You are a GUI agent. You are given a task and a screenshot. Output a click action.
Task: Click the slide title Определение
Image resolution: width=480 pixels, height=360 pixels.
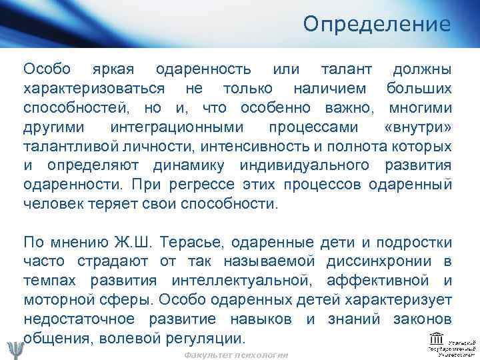pos(377,25)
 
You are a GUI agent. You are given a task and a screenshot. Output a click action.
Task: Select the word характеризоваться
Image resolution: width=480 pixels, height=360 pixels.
pos(95,88)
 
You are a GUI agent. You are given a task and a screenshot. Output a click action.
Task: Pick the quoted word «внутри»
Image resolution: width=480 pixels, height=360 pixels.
pos(418,127)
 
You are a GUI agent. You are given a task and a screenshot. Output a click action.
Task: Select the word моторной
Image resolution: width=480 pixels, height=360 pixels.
pos(57,299)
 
